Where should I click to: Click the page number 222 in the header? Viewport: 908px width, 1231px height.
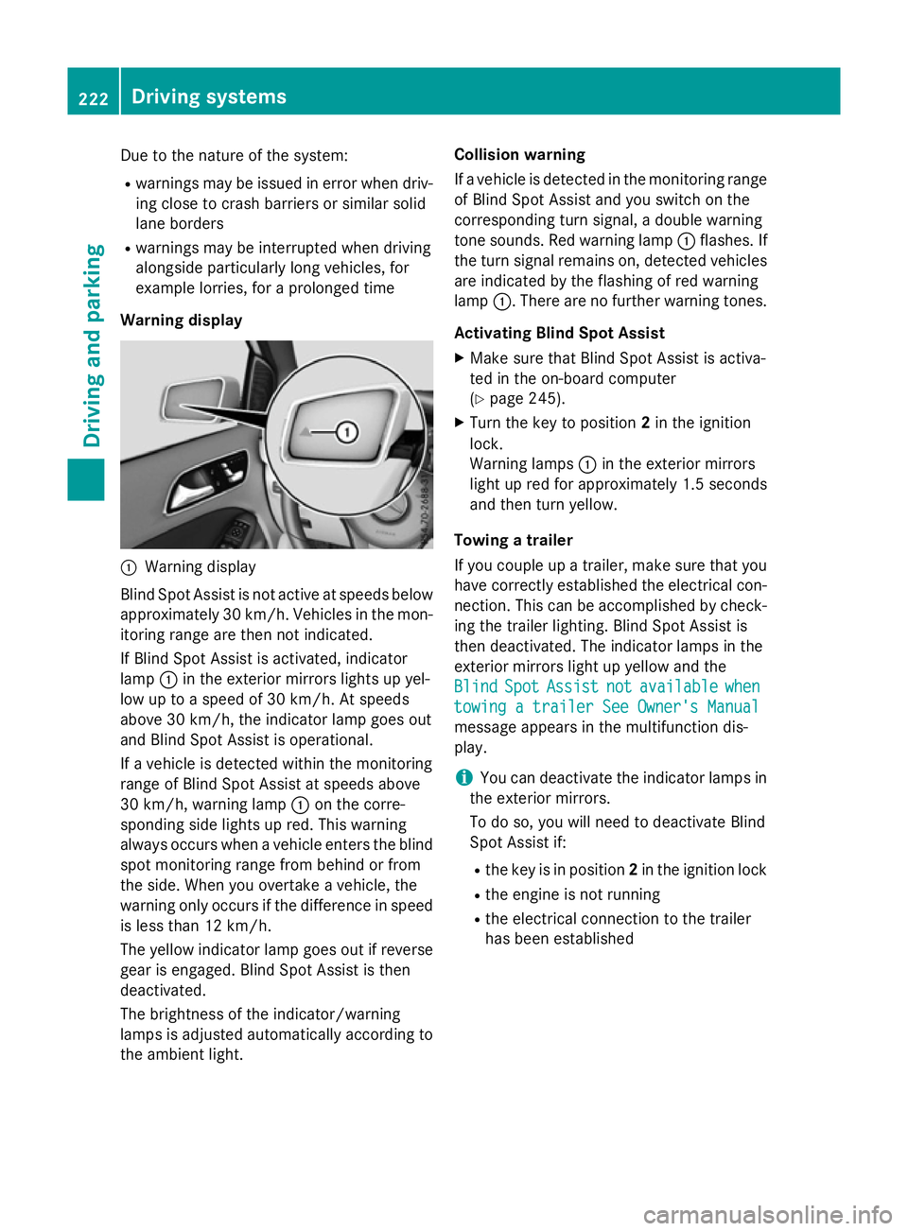(x=93, y=98)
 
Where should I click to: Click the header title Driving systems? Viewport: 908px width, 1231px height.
(x=209, y=96)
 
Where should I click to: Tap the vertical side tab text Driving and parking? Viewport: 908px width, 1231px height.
(x=93, y=345)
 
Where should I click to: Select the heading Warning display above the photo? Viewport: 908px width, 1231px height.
(x=182, y=321)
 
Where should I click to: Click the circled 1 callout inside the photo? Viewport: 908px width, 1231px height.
(x=347, y=432)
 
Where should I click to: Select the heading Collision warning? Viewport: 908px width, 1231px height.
(x=519, y=155)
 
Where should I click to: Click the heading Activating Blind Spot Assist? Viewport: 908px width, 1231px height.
(x=559, y=333)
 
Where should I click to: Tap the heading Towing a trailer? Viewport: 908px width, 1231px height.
(x=514, y=540)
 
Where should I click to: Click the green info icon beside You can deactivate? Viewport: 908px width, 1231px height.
(x=463, y=777)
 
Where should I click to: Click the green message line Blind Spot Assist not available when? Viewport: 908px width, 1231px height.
(x=607, y=686)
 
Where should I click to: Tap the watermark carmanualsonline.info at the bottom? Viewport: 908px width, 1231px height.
(x=767, y=1214)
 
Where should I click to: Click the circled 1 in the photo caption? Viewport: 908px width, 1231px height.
(x=129, y=567)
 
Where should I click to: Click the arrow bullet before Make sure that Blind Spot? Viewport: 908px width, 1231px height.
(x=460, y=358)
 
